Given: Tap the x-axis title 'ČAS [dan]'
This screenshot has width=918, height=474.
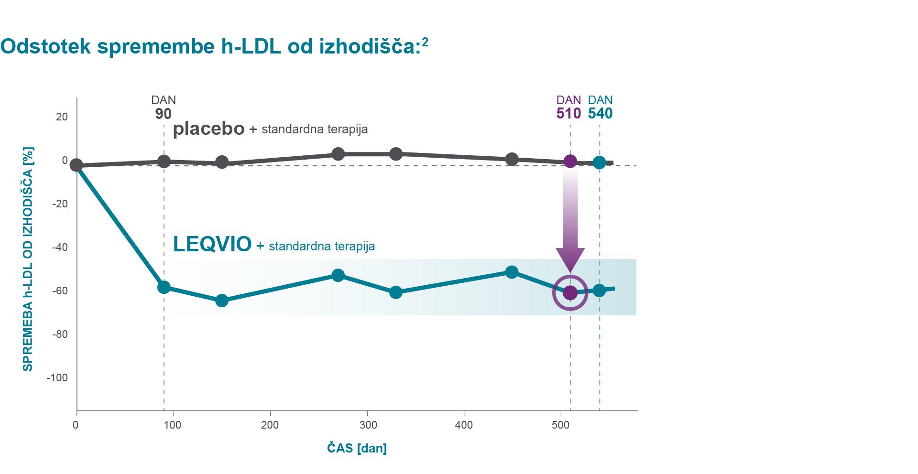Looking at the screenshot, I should (357, 448).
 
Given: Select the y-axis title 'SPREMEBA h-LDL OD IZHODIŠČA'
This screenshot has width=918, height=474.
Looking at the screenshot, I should (28, 259).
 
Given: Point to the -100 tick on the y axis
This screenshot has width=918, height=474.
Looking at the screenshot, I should (57, 378).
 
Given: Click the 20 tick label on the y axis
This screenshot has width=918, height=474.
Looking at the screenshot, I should (62, 117).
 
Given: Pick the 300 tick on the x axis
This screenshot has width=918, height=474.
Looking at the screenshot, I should (367, 425).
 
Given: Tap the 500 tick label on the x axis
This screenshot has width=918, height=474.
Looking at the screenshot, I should (560, 425).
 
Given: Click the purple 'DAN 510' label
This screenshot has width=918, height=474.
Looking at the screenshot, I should (568, 107).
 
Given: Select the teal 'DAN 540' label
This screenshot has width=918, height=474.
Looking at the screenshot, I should (600, 107).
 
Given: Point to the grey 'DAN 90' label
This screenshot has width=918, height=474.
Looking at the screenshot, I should (164, 107).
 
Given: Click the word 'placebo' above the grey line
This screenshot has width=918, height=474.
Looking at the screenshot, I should (208, 129).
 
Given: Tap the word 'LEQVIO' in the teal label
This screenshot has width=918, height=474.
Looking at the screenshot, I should (212, 244).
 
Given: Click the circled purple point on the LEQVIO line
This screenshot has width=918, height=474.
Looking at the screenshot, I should (570, 292).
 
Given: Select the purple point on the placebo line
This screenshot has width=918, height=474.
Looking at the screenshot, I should (570, 161).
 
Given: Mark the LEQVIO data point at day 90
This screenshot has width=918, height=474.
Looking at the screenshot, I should (164, 287).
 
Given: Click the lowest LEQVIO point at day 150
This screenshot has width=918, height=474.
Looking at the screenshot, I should (222, 301).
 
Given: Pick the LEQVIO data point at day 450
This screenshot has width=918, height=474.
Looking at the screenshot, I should (512, 272).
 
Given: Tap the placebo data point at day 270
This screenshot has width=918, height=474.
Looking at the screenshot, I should (338, 154).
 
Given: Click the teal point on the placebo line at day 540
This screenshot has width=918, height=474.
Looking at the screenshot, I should (599, 163).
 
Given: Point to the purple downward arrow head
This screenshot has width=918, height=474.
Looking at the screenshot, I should (570, 260).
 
